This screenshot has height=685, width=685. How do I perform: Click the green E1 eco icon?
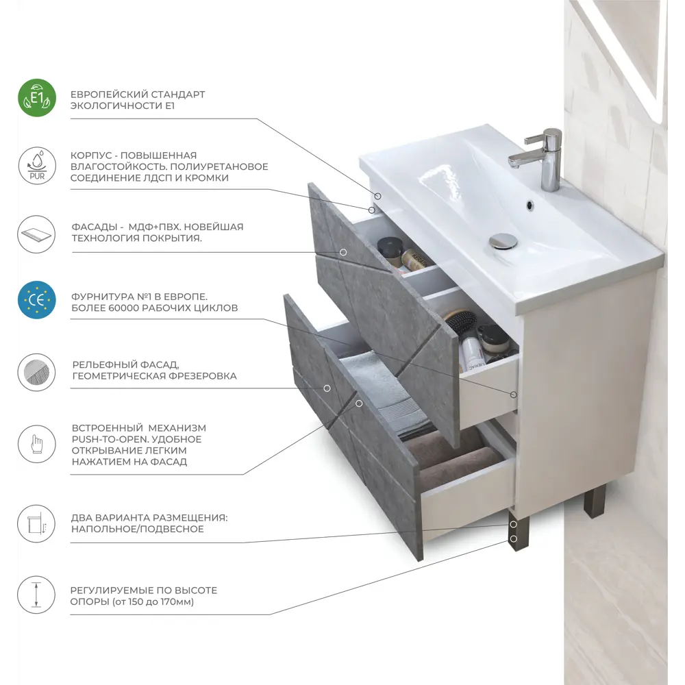(x=37, y=98)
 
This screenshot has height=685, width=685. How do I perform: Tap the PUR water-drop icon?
(x=37, y=166)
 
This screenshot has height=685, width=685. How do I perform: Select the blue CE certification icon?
(x=37, y=300)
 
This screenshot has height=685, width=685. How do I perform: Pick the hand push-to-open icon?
(x=37, y=444)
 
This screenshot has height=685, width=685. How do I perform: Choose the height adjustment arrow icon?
(x=36, y=595)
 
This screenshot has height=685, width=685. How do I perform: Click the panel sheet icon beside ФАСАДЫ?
(x=37, y=234)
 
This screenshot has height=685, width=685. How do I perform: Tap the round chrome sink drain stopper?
(x=503, y=240)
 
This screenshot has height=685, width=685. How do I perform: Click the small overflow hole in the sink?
(x=530, y=204)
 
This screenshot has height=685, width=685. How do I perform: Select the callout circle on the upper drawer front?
(x=343, y=253)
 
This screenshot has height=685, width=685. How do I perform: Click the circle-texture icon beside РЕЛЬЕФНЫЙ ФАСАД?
(x=37, y=373)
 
